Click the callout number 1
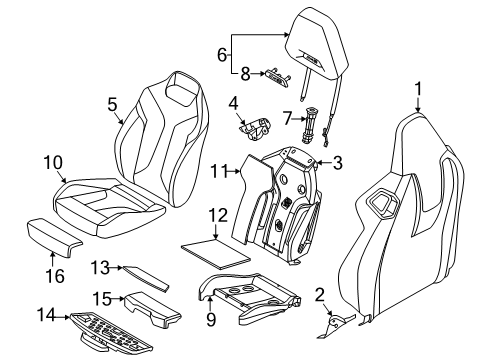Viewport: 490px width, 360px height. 418,89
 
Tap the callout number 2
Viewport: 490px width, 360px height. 320,296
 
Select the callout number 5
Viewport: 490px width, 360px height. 113,104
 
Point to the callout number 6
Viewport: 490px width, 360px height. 222,55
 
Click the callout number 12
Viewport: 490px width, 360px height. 218,215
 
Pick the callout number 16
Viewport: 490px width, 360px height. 55,276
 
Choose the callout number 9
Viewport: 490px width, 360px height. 211,319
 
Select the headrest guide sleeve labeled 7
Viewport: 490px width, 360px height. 310,125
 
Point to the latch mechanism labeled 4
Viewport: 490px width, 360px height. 255,128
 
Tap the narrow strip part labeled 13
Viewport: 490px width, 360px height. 146,278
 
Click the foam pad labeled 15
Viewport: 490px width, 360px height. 152,308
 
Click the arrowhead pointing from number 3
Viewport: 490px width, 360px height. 318,163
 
